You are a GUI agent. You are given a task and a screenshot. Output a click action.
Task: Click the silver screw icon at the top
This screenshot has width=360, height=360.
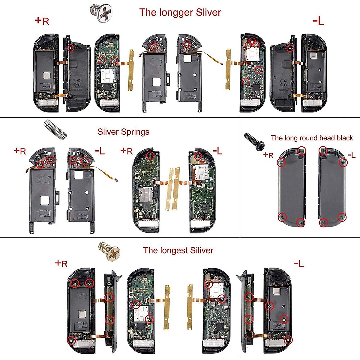pyautogui.click(x=100, y=13)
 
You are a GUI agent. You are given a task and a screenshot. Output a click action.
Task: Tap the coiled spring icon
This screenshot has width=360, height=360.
pyautogui.click(x=55, y=129)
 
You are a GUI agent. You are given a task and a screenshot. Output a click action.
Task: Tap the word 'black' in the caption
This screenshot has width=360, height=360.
pyautogui.click(x=345, y=138)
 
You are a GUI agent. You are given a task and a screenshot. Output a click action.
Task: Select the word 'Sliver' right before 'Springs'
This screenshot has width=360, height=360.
pyautogui.click(x=108, y=132)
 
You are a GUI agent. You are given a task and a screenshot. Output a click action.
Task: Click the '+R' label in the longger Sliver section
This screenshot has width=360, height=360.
pyautogui.click(x=42, y=21)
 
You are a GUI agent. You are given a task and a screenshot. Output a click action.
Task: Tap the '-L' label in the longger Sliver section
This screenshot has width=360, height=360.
pyautogui.click(x=318, y=21)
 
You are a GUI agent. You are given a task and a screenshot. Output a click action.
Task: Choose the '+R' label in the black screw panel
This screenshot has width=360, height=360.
pyautogui.click(x=268, y=155)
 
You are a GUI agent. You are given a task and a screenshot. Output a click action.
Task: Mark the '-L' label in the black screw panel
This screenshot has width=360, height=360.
pyautogui.click(x=351, y=155)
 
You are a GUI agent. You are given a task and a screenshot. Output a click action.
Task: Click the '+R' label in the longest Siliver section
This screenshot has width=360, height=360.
pyautogui.click(x=61, y=264)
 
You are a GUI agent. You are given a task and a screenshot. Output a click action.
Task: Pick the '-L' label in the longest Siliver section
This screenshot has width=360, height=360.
pyautogui.click(x=299, y=264)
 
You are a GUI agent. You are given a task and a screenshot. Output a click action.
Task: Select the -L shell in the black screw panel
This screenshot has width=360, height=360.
pyautogui.click(x=332, y=187)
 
